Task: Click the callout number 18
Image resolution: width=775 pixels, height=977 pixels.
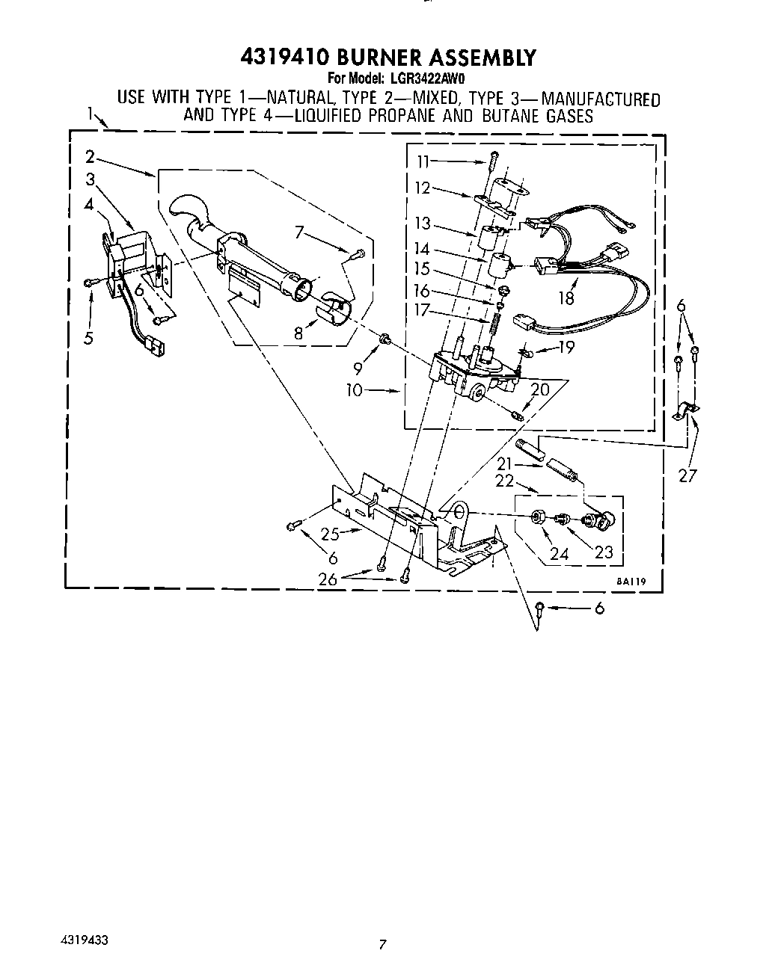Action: click(566, 298)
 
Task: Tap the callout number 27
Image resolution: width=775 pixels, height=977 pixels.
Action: click(687, 475)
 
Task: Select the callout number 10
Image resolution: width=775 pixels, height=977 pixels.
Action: click(354, 390)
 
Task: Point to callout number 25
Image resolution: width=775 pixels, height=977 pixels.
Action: click(330, 534)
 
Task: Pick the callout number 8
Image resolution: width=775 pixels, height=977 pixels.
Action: click(299, 333)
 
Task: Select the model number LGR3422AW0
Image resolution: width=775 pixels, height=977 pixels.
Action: click(426, 77)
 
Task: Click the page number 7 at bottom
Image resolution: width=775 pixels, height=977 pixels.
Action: click(382, 945)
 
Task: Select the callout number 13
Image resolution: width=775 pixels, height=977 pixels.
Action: click(424, 224)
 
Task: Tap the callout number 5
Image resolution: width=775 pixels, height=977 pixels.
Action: click(88, 338)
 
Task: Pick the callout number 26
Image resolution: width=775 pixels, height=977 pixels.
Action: click(328, 578)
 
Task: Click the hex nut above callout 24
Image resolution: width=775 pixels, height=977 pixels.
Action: click(537, 517)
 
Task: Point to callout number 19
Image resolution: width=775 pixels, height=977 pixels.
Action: click(567, 348)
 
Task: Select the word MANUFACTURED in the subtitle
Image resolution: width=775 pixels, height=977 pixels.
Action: click(601, 99)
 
